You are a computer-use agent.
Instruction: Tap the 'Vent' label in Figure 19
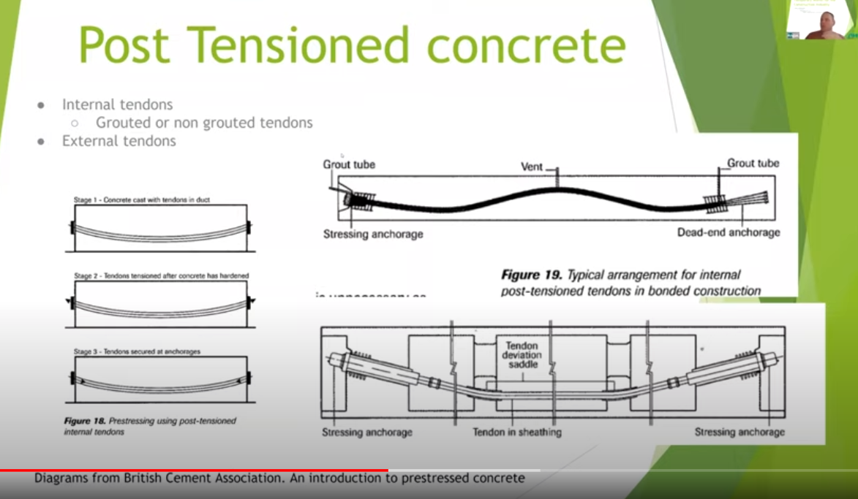pos(532,167)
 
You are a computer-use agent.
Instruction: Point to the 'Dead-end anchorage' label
pos(728,232)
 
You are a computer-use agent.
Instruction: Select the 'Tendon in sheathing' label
pos(516,432)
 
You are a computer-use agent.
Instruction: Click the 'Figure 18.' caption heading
pos(85,422)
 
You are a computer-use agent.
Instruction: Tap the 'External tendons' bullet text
pos(118,141)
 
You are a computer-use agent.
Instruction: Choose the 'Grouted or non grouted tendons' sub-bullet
pos(204,123)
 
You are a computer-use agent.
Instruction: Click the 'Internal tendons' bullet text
pos(117,104)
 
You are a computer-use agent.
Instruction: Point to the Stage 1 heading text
pos(142,199)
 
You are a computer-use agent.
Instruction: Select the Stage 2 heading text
pos(161,275)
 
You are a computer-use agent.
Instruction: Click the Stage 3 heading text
pos(137,351)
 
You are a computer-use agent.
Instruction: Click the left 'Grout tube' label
pos(349,164)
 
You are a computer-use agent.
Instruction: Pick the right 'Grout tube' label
pos(753,163)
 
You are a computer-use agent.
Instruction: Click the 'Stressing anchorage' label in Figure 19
pos(373,234)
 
